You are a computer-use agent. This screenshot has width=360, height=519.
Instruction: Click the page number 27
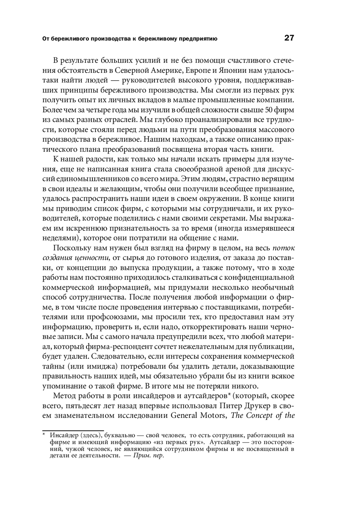[x=289, y=38]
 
